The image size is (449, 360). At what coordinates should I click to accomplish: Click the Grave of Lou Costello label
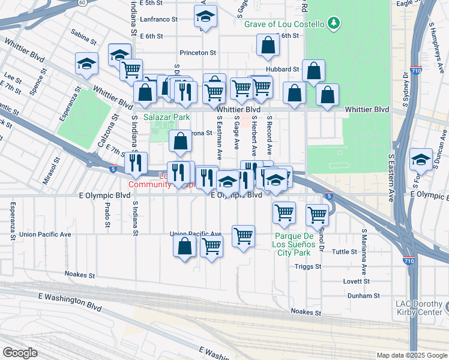[284, 24]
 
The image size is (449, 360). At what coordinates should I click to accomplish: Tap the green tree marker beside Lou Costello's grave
[334, 24]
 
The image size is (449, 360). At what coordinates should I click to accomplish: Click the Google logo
[20, 352]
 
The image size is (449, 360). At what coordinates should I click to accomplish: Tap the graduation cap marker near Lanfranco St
[205, 17]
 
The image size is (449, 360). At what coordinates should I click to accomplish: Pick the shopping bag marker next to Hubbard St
[313, 71]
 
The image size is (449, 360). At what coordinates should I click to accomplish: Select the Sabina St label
[83, 41]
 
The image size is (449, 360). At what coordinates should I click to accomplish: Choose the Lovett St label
[357, 281]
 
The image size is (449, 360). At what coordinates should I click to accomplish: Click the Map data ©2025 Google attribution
[411, 355]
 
